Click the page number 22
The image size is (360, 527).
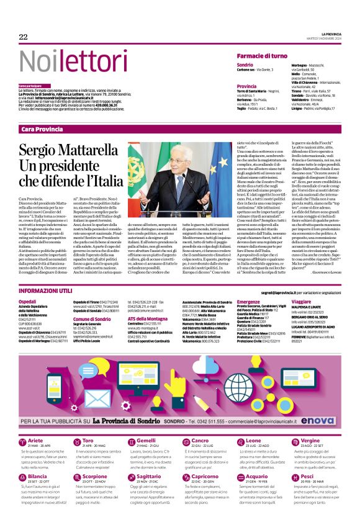24,37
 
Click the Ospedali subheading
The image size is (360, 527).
27,301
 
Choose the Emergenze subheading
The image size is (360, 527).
248,301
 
